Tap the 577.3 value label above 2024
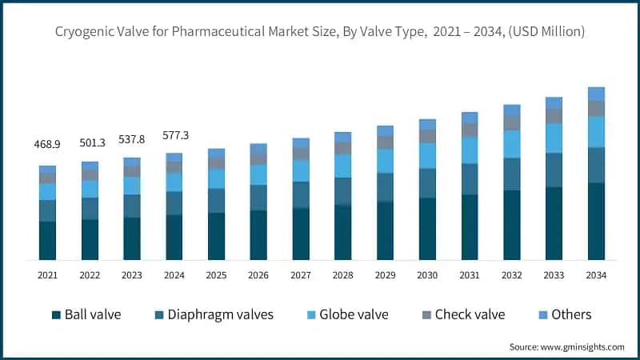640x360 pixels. point(174,135)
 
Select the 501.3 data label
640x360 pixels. point(90,142)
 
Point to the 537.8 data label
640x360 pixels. point(132,138)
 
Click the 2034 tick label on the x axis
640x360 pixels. point(595,275)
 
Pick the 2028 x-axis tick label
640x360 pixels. point(342,275)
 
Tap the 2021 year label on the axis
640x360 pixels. point(48,275)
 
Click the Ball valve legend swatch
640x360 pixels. point(56,314)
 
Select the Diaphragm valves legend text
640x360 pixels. point(220,314)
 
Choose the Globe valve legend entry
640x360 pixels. point(351,314)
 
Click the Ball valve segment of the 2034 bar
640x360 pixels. point(595,221)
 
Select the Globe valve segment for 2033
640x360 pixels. point(554,138)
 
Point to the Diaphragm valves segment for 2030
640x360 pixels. point(427,182)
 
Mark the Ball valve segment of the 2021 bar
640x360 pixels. point(48,240)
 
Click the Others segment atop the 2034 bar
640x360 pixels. point(595,94)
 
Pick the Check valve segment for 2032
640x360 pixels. point(511,122)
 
